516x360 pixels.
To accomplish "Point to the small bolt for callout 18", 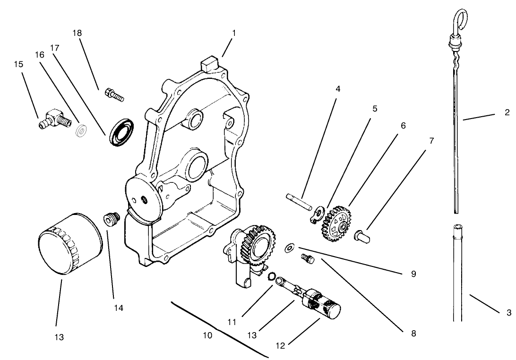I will tap(113, 95).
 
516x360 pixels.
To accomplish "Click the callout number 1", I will tap(233, 34).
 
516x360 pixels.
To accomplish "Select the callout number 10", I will tap(207, 335).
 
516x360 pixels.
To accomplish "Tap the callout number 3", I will tap(508, 312).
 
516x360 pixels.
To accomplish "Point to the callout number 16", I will tap(40, 55).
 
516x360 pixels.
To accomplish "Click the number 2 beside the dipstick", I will tap(507, 112).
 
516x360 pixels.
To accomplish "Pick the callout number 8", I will tap(413, 333).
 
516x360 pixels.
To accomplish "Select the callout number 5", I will tap(375, 109).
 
